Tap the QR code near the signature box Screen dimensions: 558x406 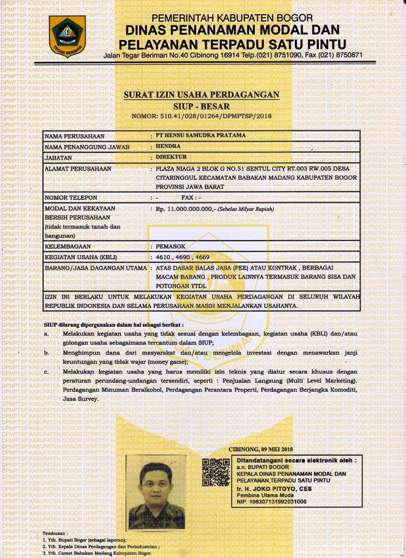[x=216, y=472]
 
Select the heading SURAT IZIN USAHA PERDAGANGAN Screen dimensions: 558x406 [x=201, y=95]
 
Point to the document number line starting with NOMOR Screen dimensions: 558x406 [x=201, y=116]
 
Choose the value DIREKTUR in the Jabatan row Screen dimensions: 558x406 [x=171, y=157]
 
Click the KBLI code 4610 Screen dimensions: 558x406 [x=164, y=257]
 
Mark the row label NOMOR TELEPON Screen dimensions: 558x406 [x=71, y=197]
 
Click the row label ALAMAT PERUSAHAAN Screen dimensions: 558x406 [x=77, y=169]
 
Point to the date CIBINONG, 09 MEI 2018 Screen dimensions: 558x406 [x=260, y=449]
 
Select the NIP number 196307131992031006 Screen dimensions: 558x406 [x=271, y=501]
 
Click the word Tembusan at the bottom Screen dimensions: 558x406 [x=55, y=533]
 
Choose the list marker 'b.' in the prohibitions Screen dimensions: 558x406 [x=47, y=353]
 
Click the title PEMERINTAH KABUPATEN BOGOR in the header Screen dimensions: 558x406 [x=232, y=19]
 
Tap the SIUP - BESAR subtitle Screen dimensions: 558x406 [x=201, y=106]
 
